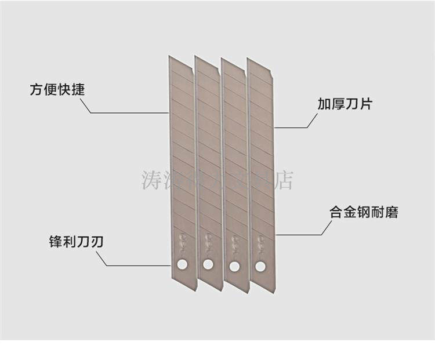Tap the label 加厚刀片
[345, 104]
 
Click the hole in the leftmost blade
[182, 264]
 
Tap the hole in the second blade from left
[208, 265]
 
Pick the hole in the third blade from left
[234, 266]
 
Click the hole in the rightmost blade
[260, 267]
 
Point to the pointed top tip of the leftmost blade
[170, 57]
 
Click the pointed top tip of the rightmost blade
[248, 59]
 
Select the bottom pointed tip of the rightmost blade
[274, 292]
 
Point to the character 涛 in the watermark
[151, 180]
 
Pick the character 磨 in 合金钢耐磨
[390, 213]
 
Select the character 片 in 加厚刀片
[365, 104]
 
